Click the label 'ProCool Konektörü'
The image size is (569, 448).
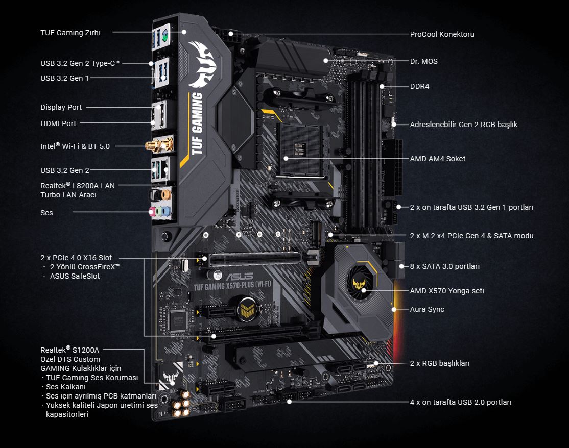[442, 34]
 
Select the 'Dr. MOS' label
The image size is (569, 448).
[423, 61]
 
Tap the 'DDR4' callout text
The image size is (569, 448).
[419, 86]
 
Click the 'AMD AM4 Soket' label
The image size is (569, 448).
[438, 159]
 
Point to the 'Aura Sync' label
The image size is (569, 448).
[427, 309]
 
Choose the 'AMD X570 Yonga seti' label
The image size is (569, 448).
[447, 291]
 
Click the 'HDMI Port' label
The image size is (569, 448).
[58, 123]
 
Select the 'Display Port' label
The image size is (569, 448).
[61, 107]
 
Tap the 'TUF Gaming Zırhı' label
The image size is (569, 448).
[70, 33]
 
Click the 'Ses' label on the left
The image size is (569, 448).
[46, 212]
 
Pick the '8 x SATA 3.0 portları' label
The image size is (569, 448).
[445, 266]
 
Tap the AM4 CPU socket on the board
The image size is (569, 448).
[295, 145]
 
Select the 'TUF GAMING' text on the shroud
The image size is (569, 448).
[197, 120]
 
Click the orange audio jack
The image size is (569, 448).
[164, 194]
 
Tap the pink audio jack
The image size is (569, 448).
[152, 211]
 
